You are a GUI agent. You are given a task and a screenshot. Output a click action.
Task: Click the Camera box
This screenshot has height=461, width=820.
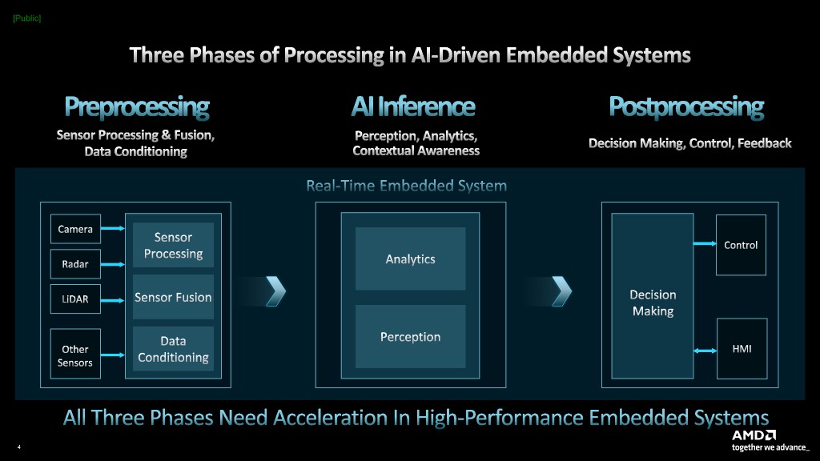(75, 229)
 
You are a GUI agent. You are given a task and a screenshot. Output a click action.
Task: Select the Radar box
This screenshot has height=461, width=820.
(75, 263)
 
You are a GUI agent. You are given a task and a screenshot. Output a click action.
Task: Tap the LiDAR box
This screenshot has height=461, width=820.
(75, 299)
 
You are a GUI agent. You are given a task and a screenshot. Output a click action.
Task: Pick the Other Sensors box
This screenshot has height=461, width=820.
(75, 355)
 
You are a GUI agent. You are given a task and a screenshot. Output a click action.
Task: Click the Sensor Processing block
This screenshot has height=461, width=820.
(173, 245)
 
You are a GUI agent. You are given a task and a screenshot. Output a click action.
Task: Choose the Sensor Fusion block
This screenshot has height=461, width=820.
(173, 297)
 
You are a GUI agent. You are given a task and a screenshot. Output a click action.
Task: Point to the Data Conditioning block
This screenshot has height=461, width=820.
(173, 350)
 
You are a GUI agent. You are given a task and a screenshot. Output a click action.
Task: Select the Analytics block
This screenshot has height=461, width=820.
(410, 259)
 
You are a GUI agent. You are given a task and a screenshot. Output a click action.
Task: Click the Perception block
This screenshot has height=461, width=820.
(410, 337)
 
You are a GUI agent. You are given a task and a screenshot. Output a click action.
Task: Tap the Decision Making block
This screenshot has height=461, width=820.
(653, 303)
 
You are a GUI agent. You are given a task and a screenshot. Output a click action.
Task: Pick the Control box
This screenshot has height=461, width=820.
(741, 245)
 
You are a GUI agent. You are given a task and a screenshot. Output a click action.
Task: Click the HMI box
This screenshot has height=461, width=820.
(741, 349)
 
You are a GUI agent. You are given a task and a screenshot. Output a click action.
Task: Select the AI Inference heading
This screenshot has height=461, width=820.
(413, 106)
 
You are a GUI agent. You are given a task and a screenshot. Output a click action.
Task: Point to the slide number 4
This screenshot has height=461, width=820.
(18, 447)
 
